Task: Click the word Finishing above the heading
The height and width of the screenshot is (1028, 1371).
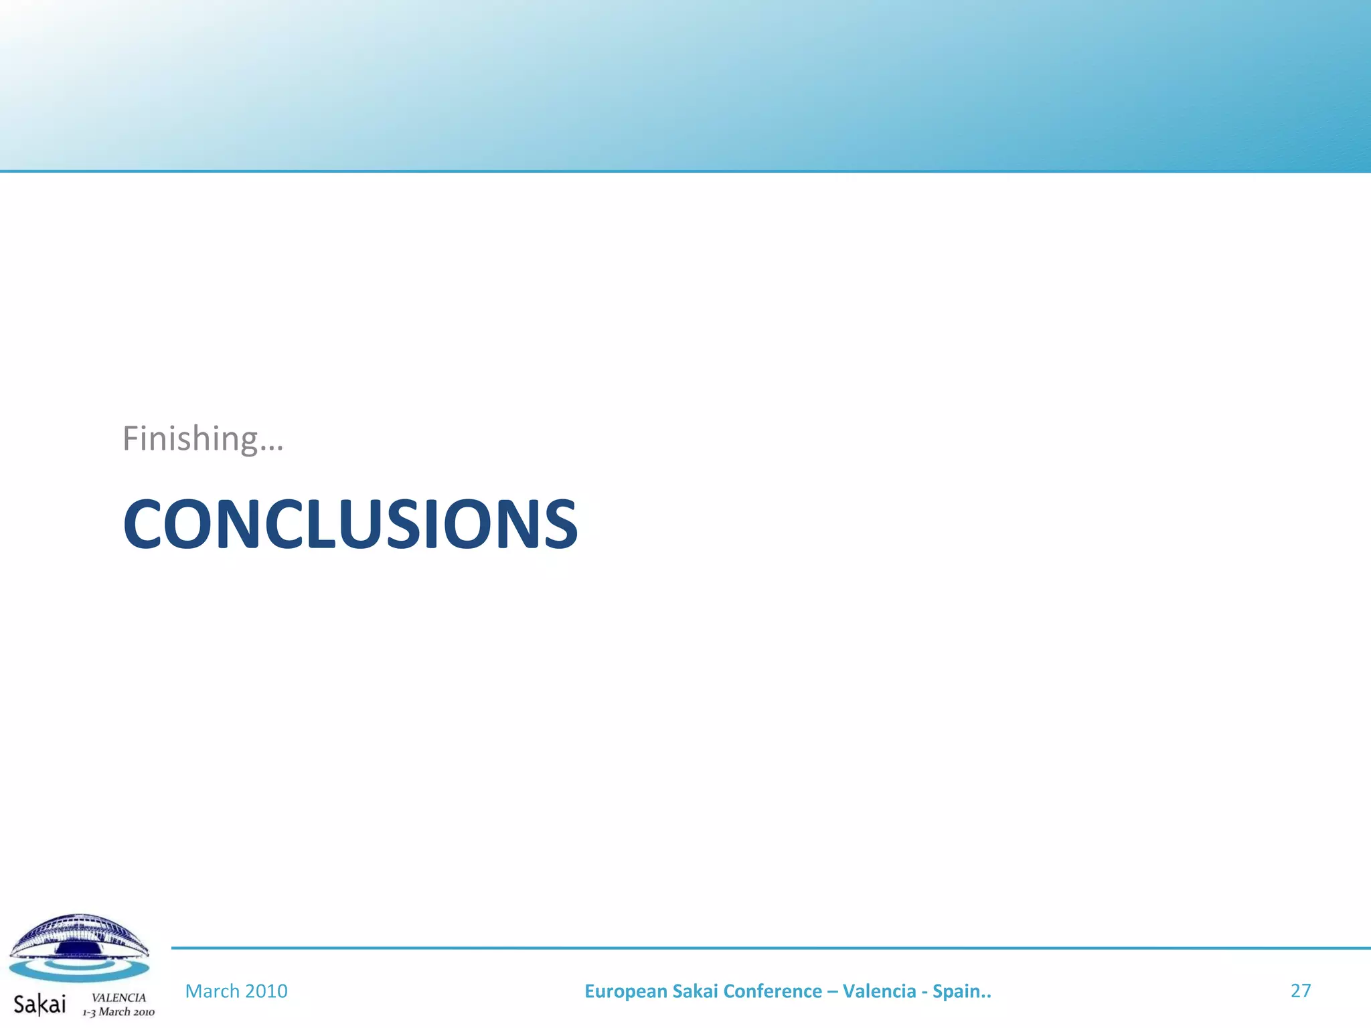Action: point(190,440)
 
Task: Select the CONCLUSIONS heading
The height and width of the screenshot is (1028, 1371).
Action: point(350,525)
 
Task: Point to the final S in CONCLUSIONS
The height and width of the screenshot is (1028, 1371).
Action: point(558,525)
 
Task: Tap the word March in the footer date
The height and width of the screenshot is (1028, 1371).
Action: point(212,991)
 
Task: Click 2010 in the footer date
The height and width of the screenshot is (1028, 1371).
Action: point(266,991)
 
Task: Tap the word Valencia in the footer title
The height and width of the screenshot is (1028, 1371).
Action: point(880,991)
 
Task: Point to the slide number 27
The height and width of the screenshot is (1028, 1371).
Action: point(1300,991)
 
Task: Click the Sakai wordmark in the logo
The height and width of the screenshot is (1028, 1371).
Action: point(40,1005)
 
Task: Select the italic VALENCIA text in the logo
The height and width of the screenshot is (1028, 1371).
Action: point(118,997)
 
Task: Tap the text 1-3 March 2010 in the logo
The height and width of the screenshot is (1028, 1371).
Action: point(118,1012)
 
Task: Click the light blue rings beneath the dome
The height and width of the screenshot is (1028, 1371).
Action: point(79,970)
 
